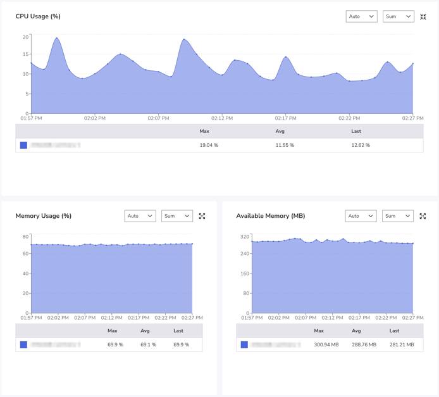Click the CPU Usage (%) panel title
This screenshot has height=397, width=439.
click(38, 16)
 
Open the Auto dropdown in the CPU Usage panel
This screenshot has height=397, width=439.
click(361, 16)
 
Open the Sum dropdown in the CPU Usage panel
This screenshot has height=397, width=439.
click(398, 16)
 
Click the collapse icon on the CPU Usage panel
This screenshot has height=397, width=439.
click(423, 16)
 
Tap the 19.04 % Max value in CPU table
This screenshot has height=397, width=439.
click(209, 145)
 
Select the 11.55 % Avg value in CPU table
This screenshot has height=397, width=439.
click(285, 145)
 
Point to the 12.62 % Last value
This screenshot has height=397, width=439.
click(361, 145)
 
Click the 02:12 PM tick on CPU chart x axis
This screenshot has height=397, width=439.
click(222, 118)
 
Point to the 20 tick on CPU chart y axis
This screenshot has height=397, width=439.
click(25, 37)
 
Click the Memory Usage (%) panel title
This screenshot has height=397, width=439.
click(43, 216)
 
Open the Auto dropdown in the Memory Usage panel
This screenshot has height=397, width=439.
click(140, 216)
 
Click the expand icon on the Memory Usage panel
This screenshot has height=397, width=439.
click(202, 216)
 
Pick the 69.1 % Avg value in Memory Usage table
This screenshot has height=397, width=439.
click(148, 344)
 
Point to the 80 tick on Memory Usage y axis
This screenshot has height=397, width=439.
click(25, 237)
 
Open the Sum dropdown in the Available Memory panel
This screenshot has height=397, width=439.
click(397, 216)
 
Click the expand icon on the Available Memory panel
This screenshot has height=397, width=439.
click(423, 216)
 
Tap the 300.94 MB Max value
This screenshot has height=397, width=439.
click(326, 344)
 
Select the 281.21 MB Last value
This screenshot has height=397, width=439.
click(402, 344)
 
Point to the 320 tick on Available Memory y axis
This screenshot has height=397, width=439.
click(245, 237)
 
